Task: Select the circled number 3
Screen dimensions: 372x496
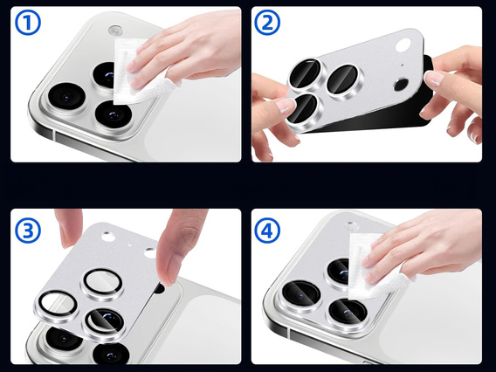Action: point(27,232)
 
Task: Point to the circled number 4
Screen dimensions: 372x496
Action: point(267,231)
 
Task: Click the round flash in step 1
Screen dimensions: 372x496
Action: point(116,32)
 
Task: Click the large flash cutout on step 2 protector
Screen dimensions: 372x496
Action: point(403,86)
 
